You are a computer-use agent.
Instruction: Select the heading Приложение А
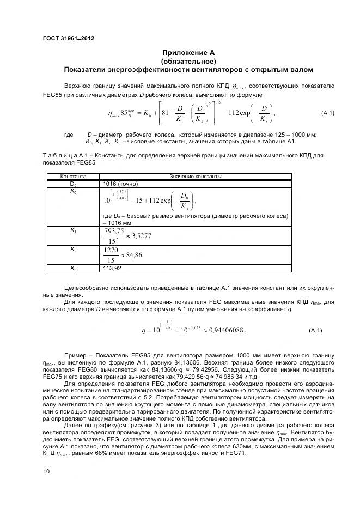(x=188, y=53)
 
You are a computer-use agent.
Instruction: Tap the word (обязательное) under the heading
(x=188, y=61)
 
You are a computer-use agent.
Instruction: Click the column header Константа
(x=73, y=177)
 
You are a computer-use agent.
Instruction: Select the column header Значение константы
(x=195, y=177)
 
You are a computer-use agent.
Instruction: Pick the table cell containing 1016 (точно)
(x=120, y=184)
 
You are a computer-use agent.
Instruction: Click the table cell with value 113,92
(x=112, y=268)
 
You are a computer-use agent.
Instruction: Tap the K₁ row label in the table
(x=73, y=230)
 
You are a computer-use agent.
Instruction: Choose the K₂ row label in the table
(x=73, y=249)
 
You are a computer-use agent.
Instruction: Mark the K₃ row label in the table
(x=73, y=268)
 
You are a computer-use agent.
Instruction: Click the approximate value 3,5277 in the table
(x=139, y=236)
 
